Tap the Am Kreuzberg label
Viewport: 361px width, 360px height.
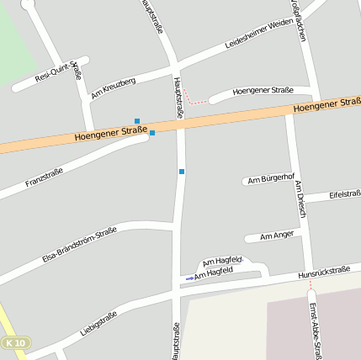[x=113, y=87]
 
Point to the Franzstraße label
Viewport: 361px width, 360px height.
[x=44, y=177]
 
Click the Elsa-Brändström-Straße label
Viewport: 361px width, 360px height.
[x=79, y=244]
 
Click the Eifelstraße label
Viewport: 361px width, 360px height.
[x=345, y=194]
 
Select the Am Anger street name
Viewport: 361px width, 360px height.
[x=278, y=236]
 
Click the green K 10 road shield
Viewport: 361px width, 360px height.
[x=16, y=343]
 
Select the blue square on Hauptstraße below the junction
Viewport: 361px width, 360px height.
[x=181, y=172]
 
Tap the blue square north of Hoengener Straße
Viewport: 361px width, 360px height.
[x=137, y=121]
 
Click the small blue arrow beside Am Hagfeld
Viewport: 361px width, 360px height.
[x=189, y=278]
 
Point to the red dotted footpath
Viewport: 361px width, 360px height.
[x=194, y=98]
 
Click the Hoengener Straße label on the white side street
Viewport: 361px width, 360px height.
[x=263, y=90]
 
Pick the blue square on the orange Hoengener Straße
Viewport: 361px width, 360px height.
[x=152, y=132]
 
